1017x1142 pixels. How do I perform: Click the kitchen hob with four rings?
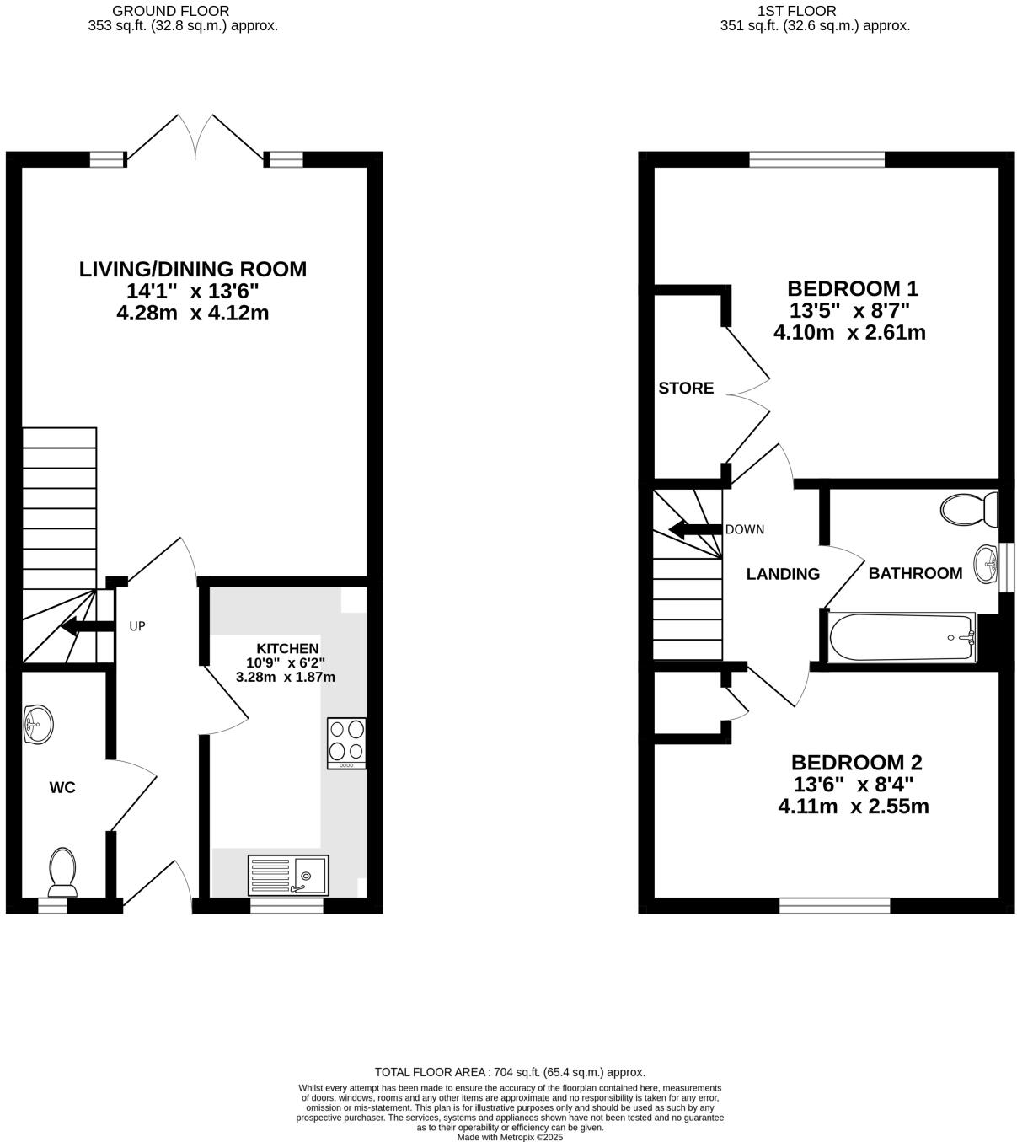pos(346,743)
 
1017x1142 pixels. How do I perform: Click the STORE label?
pos(686,389)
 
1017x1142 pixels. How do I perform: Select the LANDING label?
pos(783,574)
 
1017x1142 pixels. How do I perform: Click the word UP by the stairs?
pos(137,626)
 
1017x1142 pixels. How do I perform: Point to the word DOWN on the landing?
pos(745,529)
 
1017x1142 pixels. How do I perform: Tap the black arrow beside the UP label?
pos(88,625)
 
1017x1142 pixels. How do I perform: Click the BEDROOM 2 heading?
pos(856,763)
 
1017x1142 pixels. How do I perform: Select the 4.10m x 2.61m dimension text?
pos(849,333)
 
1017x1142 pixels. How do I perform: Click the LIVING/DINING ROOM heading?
pos(193,270)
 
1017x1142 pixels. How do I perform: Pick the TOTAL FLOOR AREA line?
pos(510,1072)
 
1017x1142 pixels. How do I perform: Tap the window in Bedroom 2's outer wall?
pos(834,906)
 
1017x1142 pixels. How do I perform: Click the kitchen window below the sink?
pos(287,906)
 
